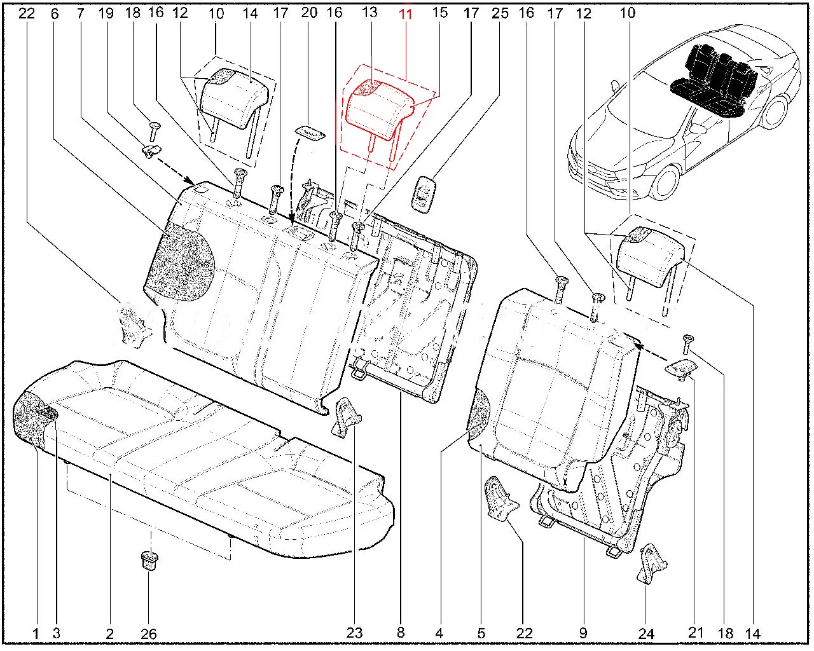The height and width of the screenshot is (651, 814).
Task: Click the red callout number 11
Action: point(405,13)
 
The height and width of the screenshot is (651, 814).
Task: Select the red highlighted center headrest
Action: point(379,108)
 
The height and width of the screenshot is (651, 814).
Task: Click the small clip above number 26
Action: point(149,561)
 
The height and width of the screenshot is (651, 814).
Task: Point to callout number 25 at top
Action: point(500,12)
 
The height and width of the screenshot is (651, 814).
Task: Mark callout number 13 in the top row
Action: point(369,12)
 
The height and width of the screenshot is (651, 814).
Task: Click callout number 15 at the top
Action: point(439,12)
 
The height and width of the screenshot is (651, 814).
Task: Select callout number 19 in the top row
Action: point(106,12)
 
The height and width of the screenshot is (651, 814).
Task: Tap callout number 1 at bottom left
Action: point(36,633)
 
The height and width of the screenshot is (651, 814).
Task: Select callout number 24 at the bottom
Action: point(646,633)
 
